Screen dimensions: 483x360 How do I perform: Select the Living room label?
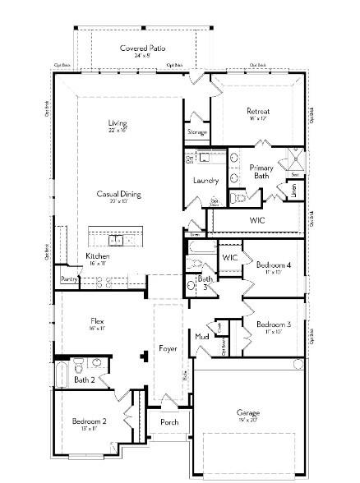tap(117, 123)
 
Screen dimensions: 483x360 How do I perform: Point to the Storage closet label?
tap(196, 131)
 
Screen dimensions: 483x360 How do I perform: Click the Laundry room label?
tap(205, 180)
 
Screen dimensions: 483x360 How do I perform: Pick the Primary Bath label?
tap(261, 171)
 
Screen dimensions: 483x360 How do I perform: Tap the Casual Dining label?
tap(118, 195)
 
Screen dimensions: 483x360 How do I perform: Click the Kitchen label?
tap(98, 256)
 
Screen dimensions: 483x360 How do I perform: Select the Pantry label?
tap(68, 280)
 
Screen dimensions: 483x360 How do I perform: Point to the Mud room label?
tap(201, 336)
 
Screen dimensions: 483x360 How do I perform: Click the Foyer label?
tap(168, 348)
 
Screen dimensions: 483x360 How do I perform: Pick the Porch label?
tap(168, 422)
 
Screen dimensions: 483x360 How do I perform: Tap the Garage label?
tap(248, 412)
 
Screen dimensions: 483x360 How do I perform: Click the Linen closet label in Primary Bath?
tap(293, 191)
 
